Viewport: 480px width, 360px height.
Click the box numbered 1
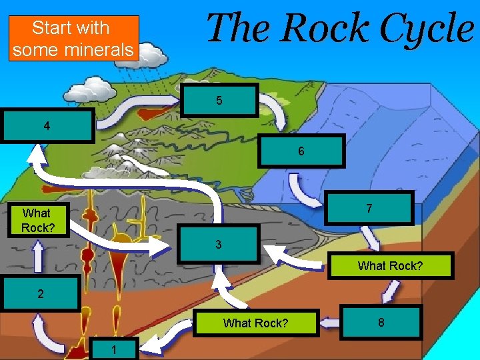click(x=114, y=349)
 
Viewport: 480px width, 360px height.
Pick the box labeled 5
click(x=219, y=101)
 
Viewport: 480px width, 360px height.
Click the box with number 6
click(x=301, y=151)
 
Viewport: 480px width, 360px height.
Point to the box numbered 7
click(x=369, y=209)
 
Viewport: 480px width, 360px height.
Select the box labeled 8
click(x=381, y=323)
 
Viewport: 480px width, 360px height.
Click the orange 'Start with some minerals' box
click(x=73, y=38)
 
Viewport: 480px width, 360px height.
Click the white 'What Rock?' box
click(x=36, y=220)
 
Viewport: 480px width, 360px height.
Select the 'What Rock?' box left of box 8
click(x=255, y=323)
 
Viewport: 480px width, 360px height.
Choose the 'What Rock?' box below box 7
click(x=391, y=265)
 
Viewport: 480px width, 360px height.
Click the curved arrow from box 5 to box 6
click(x=274, y=110)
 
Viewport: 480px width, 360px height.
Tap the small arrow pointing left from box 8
click(x=329, y=323)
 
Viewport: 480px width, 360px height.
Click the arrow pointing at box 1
click(x=157, y=344)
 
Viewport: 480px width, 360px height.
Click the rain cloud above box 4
click(x=94, y=88)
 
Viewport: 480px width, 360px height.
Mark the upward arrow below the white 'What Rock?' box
click(x=38, y=254)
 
